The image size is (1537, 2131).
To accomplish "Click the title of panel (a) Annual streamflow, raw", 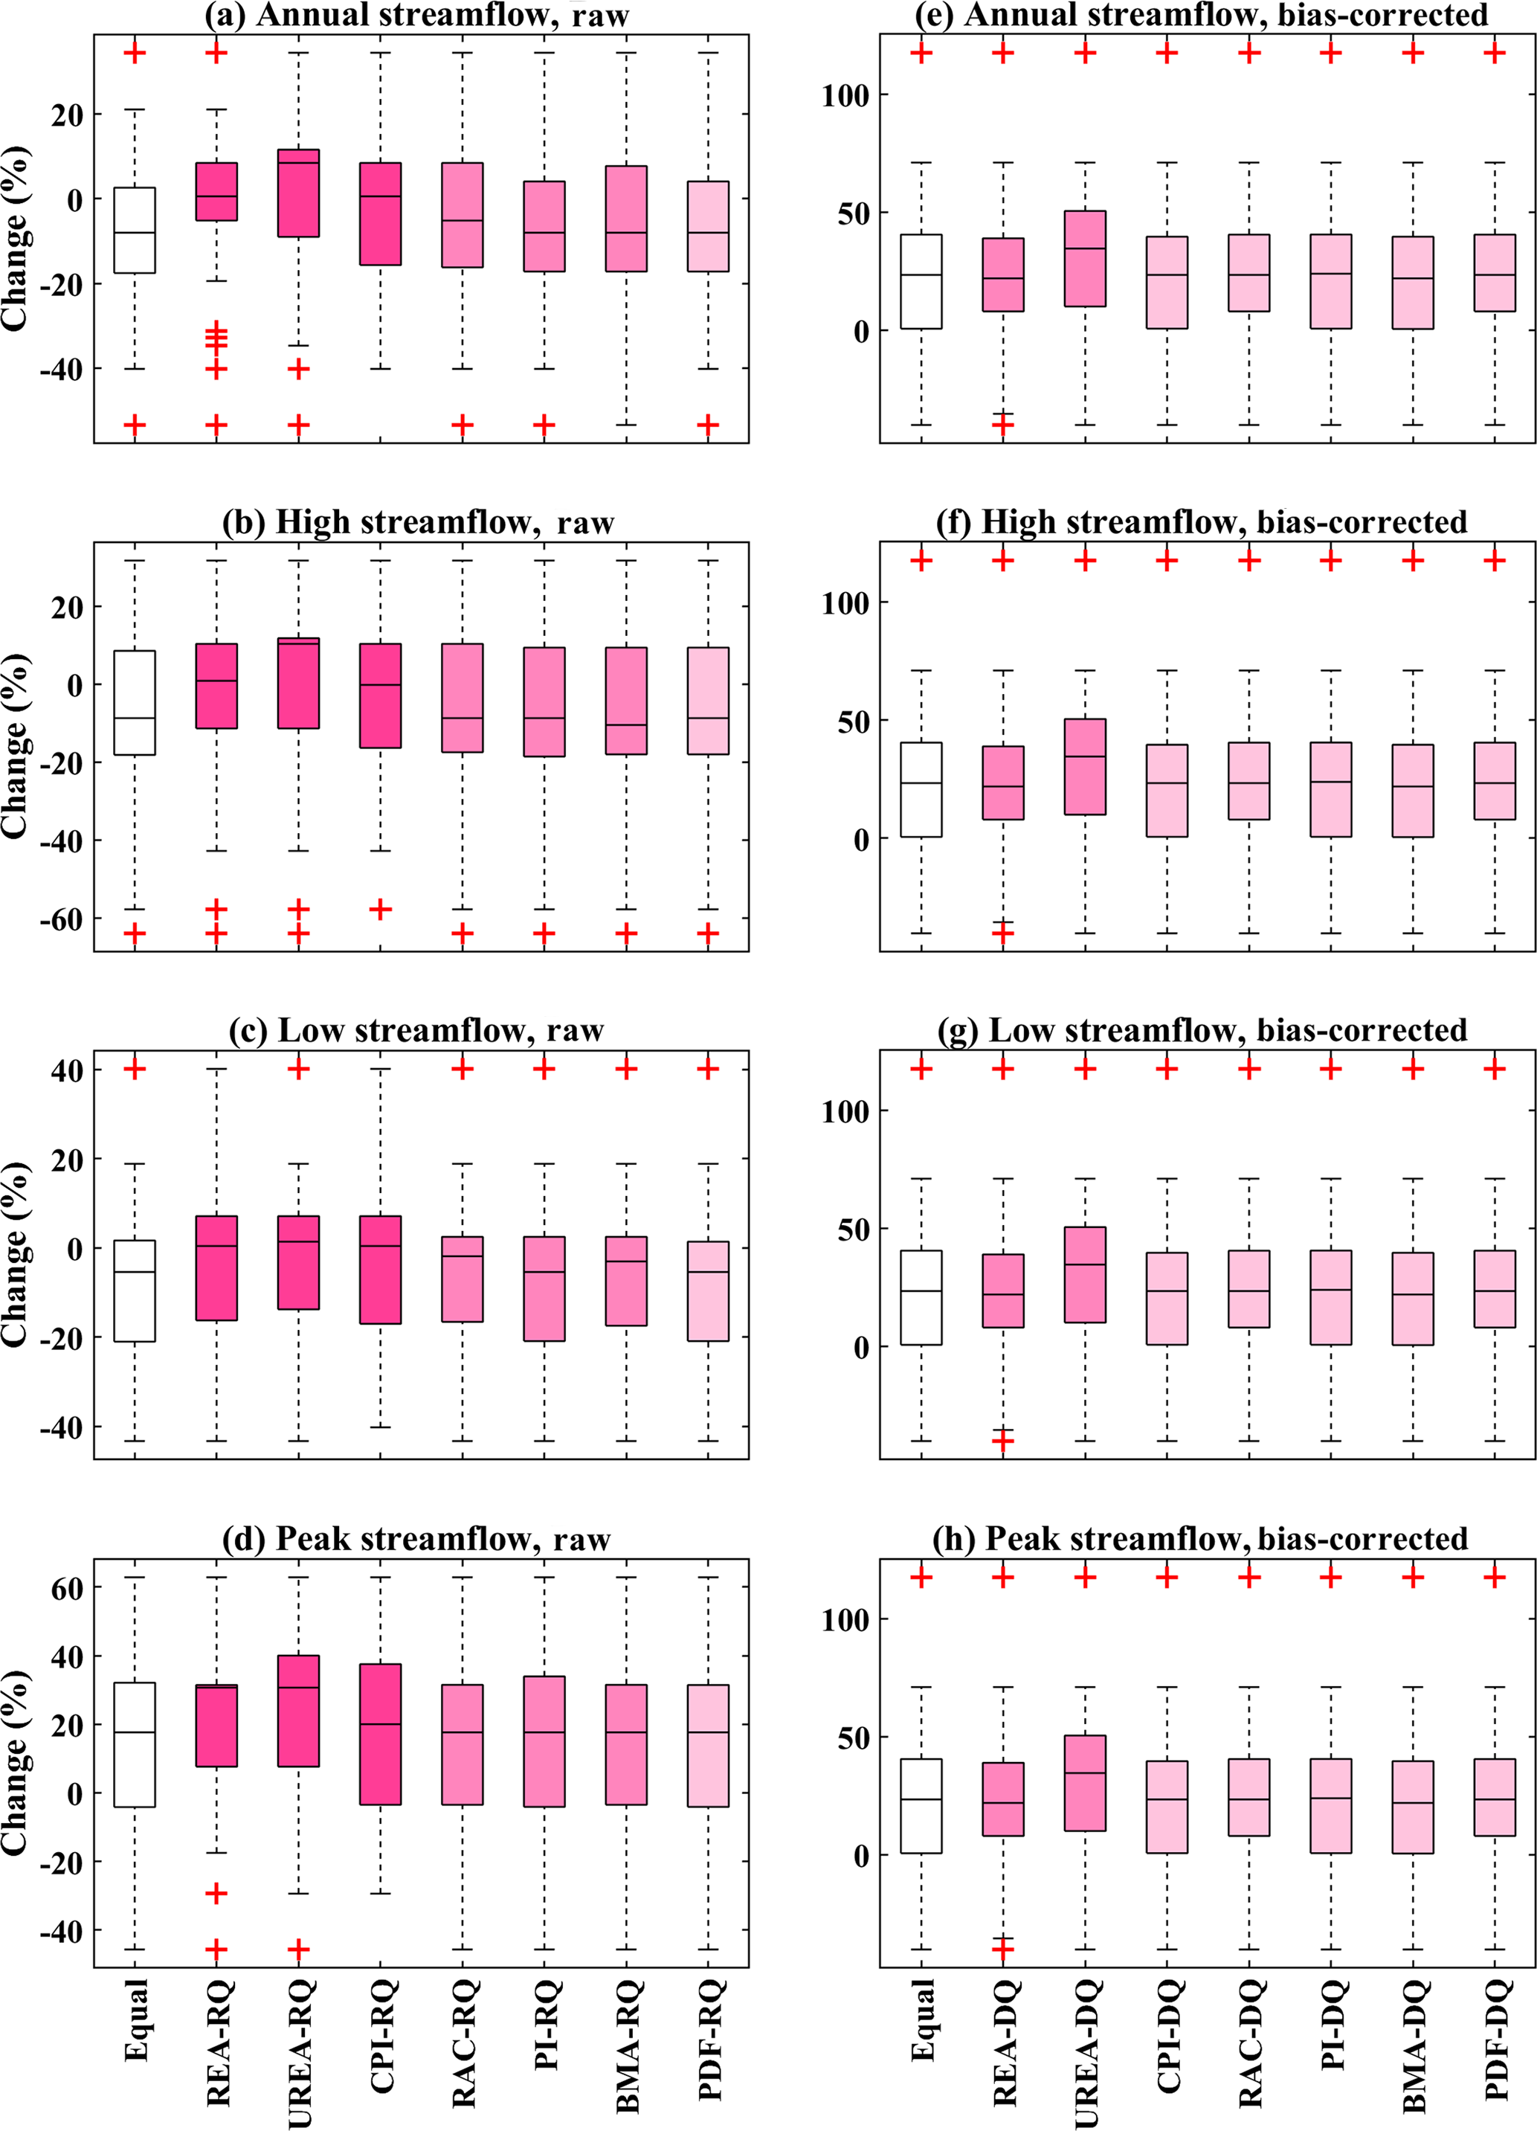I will (x=417, y=14).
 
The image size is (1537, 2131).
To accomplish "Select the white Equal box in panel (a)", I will (x=135, y=230).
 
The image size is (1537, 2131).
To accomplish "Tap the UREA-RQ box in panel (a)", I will (x=299, y=193).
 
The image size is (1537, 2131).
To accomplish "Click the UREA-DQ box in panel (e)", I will (x=1085, y=258).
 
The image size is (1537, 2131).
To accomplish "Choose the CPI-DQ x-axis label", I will (x=1167, y=2035).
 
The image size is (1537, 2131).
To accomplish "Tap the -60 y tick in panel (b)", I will (x=60, y=918).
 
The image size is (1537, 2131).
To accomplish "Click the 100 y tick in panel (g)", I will (x=845, y=1111).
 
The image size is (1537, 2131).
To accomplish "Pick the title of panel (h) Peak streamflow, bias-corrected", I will (x=1199, y=1539).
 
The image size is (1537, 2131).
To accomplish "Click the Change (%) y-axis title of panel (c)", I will (x=15, y=1254).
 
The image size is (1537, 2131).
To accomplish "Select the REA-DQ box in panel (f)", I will (x=1003, y=782).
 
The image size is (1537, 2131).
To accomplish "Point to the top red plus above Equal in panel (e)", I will (x=921, y=53).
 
